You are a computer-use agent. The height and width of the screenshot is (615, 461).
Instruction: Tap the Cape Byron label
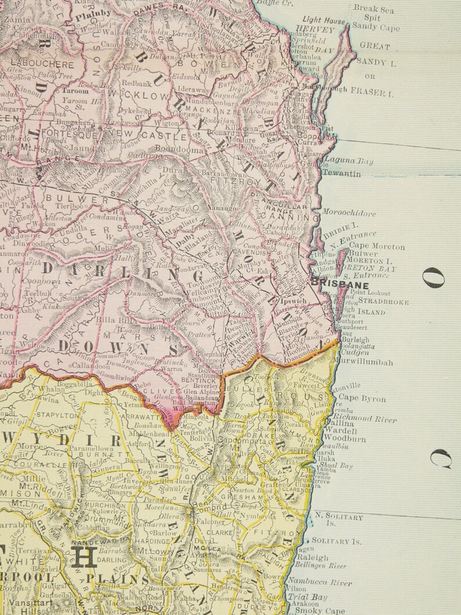(362, 398)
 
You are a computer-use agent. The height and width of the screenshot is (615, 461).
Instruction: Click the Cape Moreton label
(377, 246)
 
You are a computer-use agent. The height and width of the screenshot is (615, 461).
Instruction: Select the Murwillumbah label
(363, 362)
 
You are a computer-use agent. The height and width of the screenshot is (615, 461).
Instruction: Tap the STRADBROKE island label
(383, 302)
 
